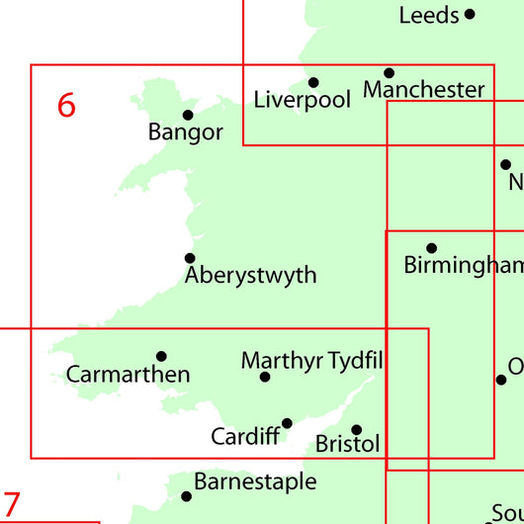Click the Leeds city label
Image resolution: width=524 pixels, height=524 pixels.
(429, 15)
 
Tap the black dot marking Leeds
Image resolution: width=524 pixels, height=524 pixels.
(470, 14)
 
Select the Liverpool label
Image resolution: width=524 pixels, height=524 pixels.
(303, 100)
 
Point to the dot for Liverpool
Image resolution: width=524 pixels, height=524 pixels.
(313, 83)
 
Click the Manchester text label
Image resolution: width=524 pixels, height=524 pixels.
(424, 90)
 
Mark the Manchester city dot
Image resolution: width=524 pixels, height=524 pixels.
(389, 73)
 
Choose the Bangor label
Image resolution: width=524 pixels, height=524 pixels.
(186, 131)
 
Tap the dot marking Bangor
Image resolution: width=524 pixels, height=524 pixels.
(188, 115)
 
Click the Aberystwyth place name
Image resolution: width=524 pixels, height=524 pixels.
(251, 275)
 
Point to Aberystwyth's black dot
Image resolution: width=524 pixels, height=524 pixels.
(190, 258)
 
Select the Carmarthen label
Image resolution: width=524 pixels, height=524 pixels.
(128, 375)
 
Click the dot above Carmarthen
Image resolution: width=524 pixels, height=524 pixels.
(161, 357)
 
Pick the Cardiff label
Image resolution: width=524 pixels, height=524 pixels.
(245, 436)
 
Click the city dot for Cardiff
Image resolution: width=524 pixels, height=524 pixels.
(287, 423)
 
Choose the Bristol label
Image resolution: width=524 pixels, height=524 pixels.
(347, 445)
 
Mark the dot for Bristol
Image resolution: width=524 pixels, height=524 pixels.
(357, 430)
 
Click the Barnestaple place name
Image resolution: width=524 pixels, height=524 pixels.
(255, 481)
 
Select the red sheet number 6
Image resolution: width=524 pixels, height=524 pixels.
(66, 105)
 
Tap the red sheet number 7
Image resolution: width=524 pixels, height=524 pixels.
(11, 506)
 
